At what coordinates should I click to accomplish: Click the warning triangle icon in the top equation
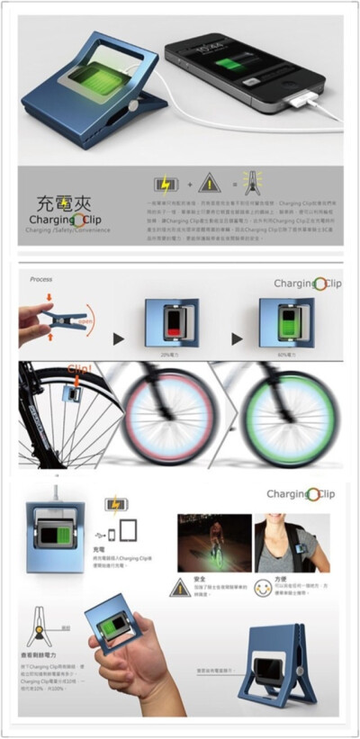[x=209, y=184]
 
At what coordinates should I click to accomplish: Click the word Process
[x=44, y=279]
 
